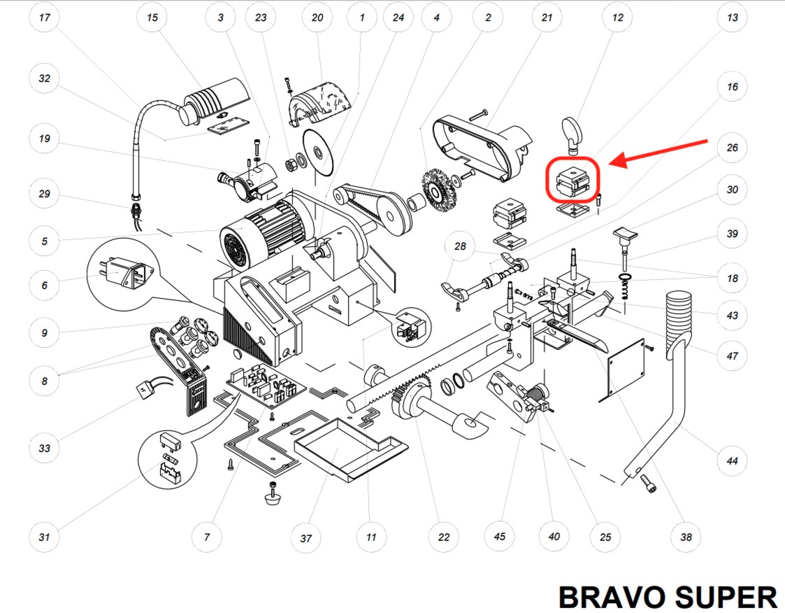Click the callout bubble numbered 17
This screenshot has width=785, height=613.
tap(45, 18)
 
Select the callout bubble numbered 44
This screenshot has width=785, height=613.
tap(732, 461)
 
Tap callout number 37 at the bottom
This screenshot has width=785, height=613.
tap(305, 538)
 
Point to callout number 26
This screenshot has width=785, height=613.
tap(732, 148)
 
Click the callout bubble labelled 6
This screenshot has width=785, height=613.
tap(45, 286)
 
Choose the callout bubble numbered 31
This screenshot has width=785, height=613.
tap(45, 537)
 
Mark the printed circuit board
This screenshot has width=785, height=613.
tap(265, 385)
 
